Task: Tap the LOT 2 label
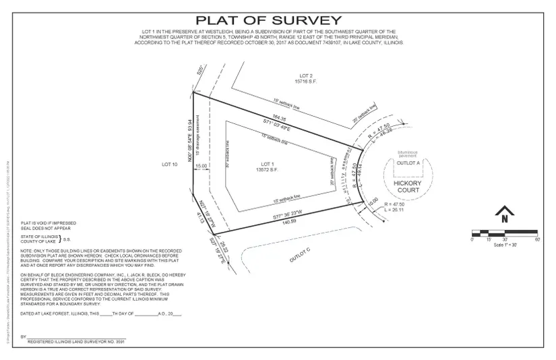coord(307,76)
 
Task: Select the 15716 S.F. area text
coord(307,82)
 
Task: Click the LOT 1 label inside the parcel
coord(268,164)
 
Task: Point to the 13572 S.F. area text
coord(268,170)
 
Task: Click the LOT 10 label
coord(168,164)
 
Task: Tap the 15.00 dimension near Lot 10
coord(201,166)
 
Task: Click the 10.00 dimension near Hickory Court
coord(373,200)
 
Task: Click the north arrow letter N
coord(503,218)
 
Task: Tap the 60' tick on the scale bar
coord(536,240)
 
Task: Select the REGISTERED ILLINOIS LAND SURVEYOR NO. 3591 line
coord(76,342)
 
